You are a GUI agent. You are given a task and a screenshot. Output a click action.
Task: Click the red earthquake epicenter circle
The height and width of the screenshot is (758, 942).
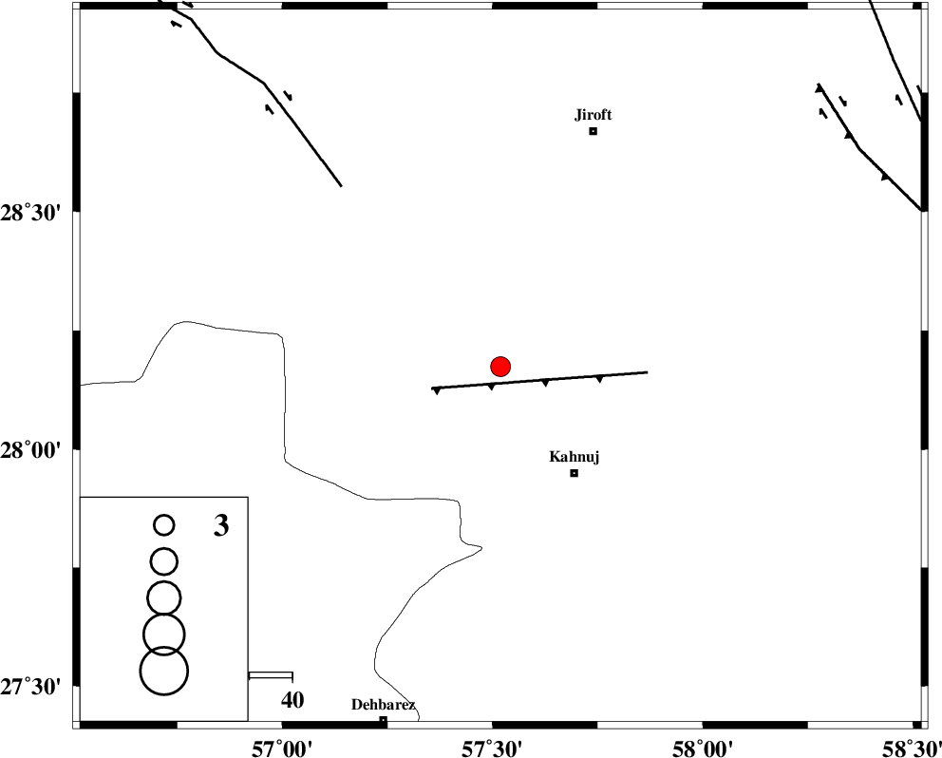click(500, 366)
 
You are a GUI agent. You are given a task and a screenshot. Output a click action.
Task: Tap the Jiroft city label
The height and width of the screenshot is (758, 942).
click(593, 115)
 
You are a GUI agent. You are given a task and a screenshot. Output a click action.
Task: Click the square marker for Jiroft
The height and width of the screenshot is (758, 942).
click(593, 131)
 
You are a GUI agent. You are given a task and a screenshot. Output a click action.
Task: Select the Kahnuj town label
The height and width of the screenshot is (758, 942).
click(574, 457)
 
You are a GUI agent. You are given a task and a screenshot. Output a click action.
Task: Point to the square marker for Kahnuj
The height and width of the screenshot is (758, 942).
click(574, 473)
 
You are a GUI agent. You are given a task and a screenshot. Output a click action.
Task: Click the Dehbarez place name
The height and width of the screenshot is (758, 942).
click(383, 705)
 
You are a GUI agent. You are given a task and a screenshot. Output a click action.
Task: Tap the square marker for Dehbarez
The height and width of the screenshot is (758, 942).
click(383, 720)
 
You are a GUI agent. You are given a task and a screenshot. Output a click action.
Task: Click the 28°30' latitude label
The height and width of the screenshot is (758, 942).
click(36, 211)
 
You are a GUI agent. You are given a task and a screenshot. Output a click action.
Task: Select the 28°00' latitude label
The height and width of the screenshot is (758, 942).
click(36, 448)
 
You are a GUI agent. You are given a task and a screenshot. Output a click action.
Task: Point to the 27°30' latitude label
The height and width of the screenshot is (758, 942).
click(36, 686)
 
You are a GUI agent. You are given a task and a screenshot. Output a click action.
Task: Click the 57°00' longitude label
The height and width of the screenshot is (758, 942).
click(281, 746)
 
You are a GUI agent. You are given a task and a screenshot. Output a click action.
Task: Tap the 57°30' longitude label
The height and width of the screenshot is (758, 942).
click(492, 746)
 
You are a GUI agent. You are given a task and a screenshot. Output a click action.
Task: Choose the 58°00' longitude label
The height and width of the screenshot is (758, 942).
click(702, 746)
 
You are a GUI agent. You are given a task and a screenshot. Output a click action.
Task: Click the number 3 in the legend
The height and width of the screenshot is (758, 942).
click(220, 525)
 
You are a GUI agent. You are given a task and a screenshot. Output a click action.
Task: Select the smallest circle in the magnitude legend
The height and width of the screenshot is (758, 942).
click(164, 524)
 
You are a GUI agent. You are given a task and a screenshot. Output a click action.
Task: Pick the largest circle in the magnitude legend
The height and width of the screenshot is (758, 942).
click(164, 671)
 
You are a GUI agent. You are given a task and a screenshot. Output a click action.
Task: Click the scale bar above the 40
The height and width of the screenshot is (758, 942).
click(271, 675)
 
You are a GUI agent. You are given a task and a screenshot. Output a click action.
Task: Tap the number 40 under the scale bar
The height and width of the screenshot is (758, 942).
click(292, 700)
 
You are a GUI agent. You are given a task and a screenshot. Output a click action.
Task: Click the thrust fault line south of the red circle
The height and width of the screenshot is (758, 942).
click(541, 380)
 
